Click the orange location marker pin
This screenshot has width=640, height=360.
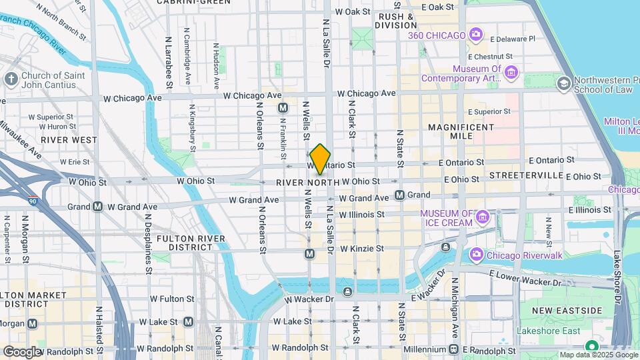pyautogui.click(x=320, y=159)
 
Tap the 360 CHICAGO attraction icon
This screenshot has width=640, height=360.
pyautogui.click(x=475, y=33)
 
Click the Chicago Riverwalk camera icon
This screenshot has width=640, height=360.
pyautogui.click(x=476, y=254)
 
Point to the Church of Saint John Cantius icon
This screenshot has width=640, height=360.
pyautogui.click(x=11, y=79)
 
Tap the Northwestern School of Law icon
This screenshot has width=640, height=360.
pyautogui.click(x=563, y=83)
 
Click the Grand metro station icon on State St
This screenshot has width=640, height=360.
pyautogui.click(x=399, y=195)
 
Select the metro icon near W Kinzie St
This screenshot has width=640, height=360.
pyautogui.click(x=309, y=253)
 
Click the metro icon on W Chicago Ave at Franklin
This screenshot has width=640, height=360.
pyautogui.click(x=283, y=107)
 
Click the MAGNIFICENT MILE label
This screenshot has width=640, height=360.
pyautogui.click(x=461, y=131)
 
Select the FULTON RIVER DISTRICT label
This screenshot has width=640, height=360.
pyautogui.click(x=185, y=242)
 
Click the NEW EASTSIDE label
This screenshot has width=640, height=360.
pyautogui.click(x=567, y=311)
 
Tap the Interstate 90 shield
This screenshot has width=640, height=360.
pyautogui.click(x=32, y=200)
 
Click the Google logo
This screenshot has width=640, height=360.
pyautogui.click(x=22, y=351)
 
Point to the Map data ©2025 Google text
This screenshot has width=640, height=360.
pyautogui.click(x=597, y=355)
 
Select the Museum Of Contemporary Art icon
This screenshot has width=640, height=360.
pyautogui.click(x=511, y=72)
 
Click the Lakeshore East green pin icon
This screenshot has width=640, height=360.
pyautogui.click(x=591, y=346)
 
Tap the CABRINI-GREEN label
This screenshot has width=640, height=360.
pyautogui.click(x=185, y=3)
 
